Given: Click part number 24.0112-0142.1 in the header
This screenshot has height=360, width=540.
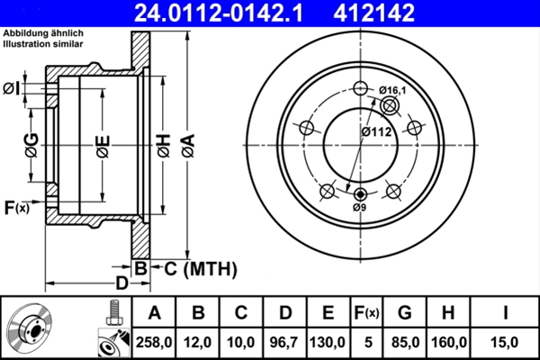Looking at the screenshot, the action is pos(219,13).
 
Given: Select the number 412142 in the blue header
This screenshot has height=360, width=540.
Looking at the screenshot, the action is pos(374,13).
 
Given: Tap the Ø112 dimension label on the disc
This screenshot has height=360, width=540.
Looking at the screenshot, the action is pos(376,131).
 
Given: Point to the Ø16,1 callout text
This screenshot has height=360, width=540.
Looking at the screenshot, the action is pos(392,90).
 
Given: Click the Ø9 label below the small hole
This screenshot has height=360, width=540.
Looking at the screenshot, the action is pos(359,207).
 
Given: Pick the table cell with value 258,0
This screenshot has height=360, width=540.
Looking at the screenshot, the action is pos(154,342).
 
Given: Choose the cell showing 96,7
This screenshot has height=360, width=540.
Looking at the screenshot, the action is pos(284,342).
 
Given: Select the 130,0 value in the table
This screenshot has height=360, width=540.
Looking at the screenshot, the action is pos(328,342).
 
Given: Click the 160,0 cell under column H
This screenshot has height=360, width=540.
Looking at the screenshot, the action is pos(448,342).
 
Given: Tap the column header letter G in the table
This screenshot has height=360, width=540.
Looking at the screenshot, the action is pos(405,313).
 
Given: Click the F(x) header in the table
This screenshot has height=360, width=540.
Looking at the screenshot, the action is pos(366,313).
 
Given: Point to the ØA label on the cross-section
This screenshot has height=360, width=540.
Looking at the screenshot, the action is pos(189,146).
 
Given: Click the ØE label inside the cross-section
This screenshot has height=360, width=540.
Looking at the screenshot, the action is pos(103,147).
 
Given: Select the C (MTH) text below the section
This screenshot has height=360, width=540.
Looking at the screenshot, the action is pos(201,269).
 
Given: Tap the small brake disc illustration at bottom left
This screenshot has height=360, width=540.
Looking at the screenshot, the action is pos(29,328).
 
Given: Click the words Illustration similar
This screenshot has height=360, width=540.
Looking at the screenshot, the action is pos(43,44).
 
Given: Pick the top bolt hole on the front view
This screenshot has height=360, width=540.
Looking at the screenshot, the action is pos(360,88).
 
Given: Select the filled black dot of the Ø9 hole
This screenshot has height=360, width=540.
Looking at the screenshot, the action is pos(360,194).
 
